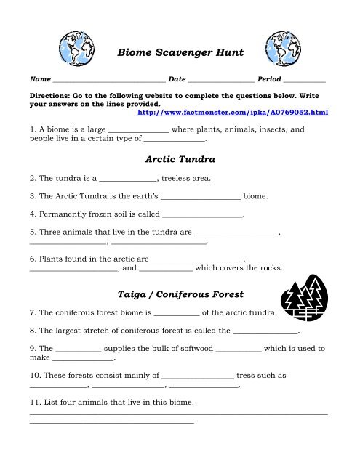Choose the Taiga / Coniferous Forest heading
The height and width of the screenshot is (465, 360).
pos(180,294)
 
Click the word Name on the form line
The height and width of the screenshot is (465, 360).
pos(39,78)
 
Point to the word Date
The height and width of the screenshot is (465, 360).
pos(177,78)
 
